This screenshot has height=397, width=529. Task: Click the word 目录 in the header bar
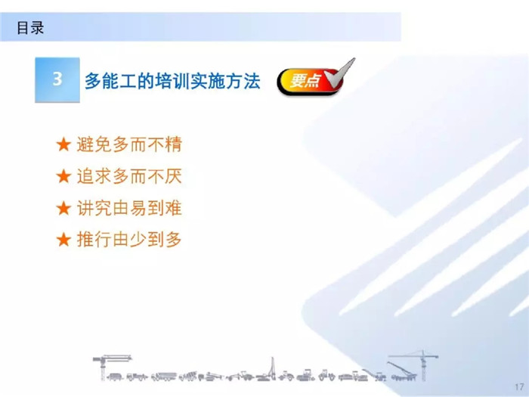coord(30,28)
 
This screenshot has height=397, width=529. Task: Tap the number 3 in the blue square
coord(57,79)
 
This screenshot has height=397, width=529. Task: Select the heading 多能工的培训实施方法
coord(172,81)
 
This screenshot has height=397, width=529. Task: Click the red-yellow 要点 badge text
coord(305,81)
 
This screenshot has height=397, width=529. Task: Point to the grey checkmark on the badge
coord(339,74)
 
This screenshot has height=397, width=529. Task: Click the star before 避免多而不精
coord(63,144)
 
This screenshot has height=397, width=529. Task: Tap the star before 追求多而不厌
coord(63,176)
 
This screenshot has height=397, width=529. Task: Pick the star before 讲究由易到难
coord(63,208)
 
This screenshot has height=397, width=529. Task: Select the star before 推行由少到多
coord(63,240)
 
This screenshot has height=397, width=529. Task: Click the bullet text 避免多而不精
coord(129,144)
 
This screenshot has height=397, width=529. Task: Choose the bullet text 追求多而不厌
coord(129,176)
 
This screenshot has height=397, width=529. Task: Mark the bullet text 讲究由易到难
coord(129,208)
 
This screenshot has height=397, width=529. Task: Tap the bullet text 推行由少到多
coord(129,240)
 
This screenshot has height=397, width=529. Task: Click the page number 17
coord(520,387)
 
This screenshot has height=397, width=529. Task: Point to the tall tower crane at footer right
coord(423,364)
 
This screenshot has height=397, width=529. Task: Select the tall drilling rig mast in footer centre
coord(272,369)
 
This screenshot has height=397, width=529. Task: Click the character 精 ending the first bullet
coord(173,144)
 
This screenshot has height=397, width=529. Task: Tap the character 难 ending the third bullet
coord(173,208)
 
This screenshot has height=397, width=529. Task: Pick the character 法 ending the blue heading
coord(252,81)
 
